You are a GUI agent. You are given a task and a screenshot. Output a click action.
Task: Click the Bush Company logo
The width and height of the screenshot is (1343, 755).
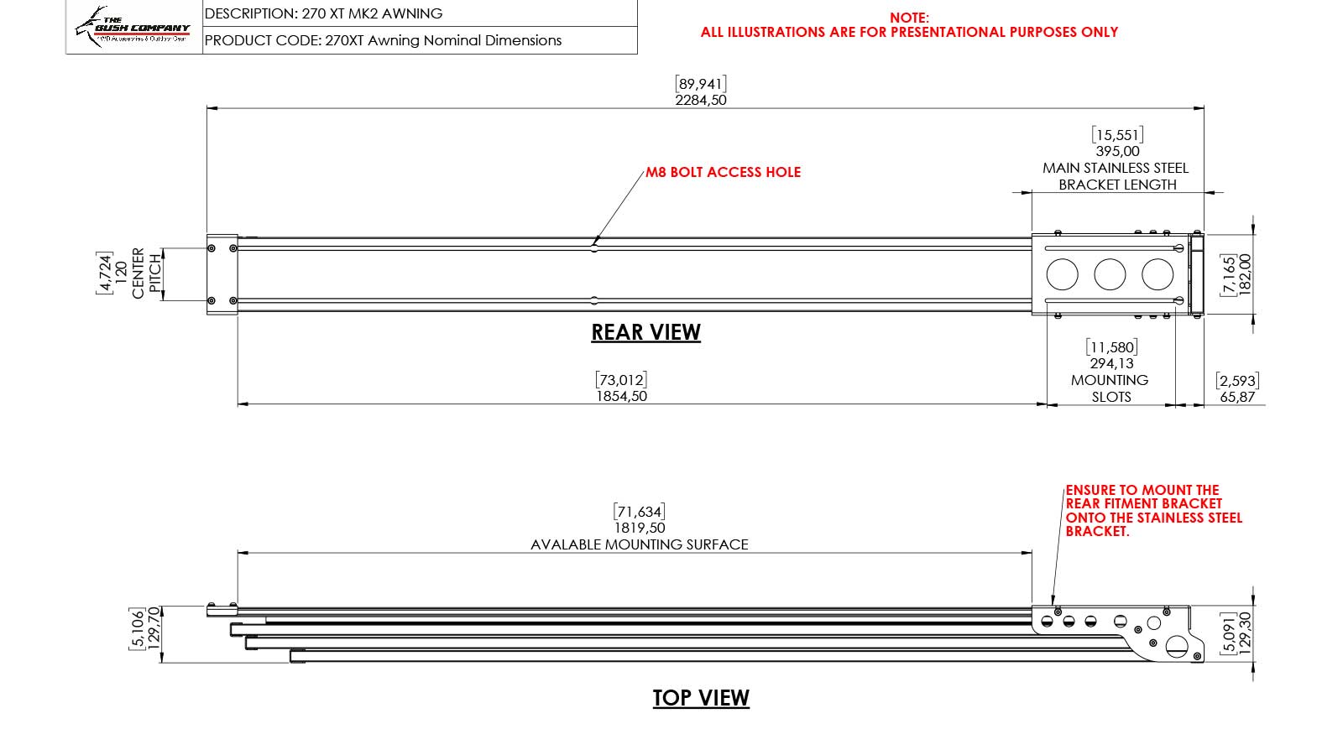tap(133, 27)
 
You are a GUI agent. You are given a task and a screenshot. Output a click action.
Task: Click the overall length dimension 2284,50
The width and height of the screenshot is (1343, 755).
tap(701, 100)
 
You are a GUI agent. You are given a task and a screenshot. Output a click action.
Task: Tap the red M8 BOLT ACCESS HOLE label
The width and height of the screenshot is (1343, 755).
tap(723, 172)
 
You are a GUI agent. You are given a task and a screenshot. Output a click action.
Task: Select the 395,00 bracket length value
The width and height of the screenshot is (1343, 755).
tap(1117, 151)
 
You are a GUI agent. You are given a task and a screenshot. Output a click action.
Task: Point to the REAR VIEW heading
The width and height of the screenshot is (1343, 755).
tap(645, 332)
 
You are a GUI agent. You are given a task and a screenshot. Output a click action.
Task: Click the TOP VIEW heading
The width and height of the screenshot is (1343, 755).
tap(701, 698)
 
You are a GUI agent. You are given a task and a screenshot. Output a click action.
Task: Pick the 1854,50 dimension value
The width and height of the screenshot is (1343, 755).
tap(621, 396)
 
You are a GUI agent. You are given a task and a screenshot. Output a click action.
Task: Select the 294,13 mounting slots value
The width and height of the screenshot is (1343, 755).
tap(1111, 363)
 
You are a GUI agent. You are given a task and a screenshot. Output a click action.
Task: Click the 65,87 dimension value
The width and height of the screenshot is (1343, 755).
tap(1237, 397)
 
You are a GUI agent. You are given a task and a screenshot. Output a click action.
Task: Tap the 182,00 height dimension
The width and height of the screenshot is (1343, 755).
tap(1246, 274)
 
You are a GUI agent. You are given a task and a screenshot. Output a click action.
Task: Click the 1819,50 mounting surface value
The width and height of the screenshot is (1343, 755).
tap(640, 528)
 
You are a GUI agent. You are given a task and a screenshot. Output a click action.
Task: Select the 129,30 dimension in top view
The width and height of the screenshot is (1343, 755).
tap(1246, 633)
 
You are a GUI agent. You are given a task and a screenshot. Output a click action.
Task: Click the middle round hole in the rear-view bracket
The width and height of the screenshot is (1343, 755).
tap(1110, 274)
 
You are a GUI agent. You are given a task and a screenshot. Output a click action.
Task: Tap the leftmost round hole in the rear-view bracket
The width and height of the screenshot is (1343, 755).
tap(1062, 274)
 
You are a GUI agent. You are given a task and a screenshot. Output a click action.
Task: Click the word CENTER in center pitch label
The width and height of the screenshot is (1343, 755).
tap(138, 273)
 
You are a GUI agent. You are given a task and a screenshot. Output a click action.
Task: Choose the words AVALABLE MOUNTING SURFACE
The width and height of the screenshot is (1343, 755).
tap(640, 544)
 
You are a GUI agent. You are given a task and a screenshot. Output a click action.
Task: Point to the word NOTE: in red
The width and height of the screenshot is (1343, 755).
tap(909, 18)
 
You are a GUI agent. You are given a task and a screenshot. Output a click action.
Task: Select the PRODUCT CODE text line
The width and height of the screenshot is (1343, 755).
tap(383, 40)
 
